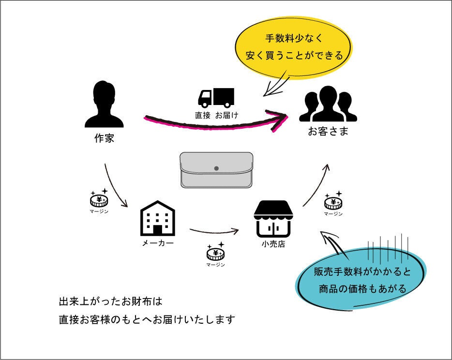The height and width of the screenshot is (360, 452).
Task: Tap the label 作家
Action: coord(104,138)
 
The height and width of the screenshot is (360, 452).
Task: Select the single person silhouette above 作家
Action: coord(104,105)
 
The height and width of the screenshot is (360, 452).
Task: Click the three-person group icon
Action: coord(328,104)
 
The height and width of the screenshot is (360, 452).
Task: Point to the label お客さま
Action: coord(328,131)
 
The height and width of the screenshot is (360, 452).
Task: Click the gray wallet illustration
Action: coord(216,170)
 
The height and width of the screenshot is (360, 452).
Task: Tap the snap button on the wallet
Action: coord(216,168)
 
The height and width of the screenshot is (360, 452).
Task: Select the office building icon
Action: coord(157,218)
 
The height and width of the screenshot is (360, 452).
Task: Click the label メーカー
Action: coord(157,243)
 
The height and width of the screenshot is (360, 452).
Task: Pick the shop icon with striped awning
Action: coord(273,219)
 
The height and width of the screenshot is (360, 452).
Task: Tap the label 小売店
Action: coord(273,244)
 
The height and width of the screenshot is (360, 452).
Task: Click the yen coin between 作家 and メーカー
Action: coord(99,199)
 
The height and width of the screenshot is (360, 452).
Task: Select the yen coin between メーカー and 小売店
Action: coord(215,252)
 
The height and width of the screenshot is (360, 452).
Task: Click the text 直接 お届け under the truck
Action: coord(216,115)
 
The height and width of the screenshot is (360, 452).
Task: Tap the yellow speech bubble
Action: coord(294,46)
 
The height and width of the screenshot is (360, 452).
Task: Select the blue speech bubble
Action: coord(362,279)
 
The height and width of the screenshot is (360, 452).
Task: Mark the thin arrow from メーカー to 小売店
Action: coord(215,231)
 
